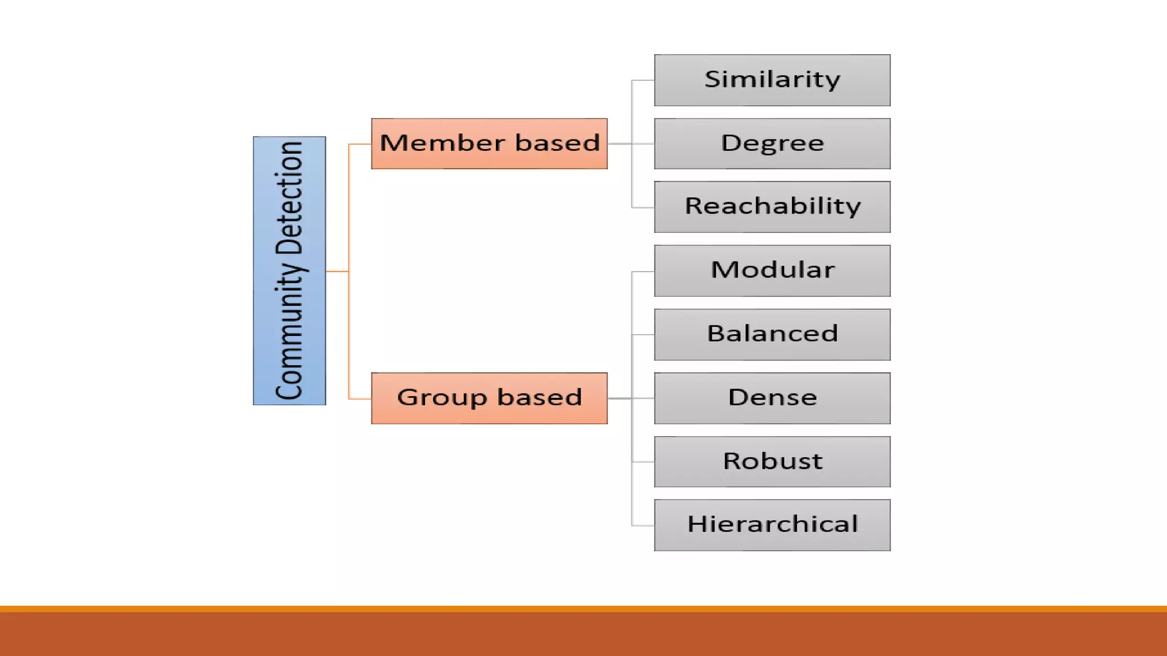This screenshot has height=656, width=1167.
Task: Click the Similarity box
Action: (772, 80)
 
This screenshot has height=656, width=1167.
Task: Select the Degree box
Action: (772, 143)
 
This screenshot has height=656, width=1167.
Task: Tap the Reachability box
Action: (772, 207)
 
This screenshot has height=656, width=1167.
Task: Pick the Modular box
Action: (772, 270)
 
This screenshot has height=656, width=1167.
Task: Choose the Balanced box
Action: (772, 334)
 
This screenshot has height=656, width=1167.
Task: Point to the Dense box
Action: (772, 398)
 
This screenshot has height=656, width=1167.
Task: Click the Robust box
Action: (772, 462)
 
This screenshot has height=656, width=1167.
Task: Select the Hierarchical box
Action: (772, 525)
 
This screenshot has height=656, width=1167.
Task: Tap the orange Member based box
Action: (489, 143)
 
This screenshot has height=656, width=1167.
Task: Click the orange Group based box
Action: (489, 398)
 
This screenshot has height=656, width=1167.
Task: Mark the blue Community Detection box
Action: (289, 271)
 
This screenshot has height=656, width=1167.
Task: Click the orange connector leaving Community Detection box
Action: (337, 272)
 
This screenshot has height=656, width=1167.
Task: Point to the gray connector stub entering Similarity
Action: (643, 80)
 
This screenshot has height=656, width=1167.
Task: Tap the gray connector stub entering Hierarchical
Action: (643, 525)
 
